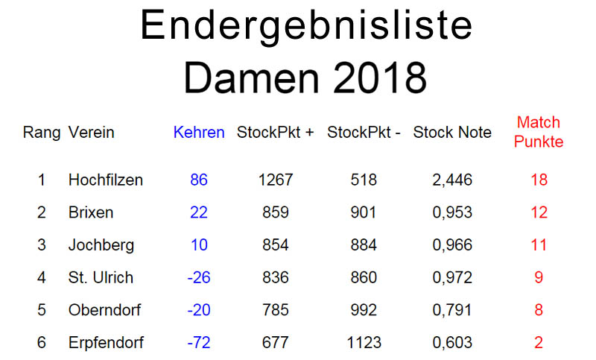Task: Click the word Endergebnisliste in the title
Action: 305,27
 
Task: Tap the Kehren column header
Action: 199,133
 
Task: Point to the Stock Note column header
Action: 452,133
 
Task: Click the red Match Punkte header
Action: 539,132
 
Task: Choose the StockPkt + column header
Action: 276,133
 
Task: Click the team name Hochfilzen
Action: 105,180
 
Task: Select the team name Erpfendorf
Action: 105,343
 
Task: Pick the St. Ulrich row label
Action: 101,278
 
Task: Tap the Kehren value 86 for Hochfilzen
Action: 199,180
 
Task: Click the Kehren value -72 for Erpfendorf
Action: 199,343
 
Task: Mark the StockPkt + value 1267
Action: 275,180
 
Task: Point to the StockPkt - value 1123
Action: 364,343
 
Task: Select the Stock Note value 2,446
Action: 451,180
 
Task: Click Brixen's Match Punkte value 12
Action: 539,212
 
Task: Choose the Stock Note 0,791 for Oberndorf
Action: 451,310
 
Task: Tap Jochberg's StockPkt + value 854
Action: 275,245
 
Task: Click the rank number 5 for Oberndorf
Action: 42,310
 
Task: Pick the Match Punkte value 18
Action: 539,180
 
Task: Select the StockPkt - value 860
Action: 364,278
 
